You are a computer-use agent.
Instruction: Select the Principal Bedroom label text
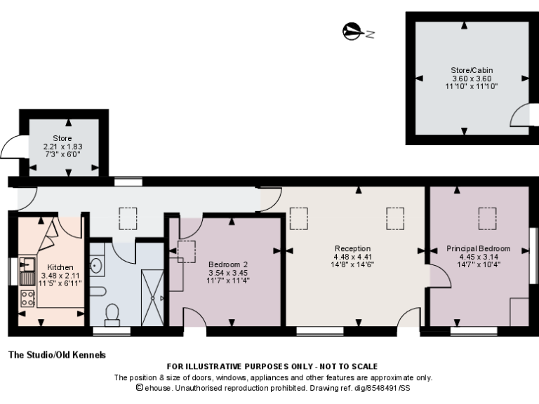478,248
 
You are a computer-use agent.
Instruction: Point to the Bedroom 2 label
229,264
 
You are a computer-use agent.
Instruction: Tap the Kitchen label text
60,267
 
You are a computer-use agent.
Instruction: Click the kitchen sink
27,265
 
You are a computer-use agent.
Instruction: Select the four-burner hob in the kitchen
28,297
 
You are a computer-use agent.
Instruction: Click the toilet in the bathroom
111,314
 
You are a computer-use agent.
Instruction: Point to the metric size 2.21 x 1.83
62,146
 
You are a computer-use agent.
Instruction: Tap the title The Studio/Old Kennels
57,355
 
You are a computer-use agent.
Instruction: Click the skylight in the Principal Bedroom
486,219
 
